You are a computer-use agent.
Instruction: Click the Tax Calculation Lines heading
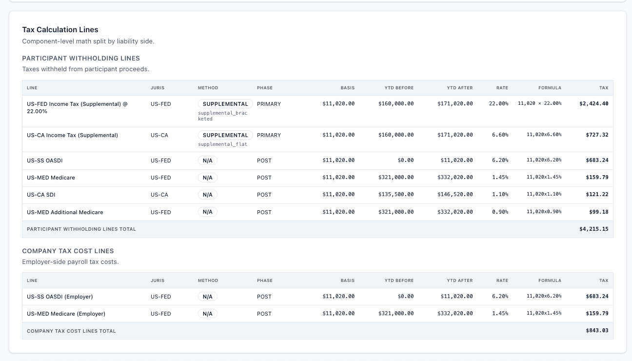coord(60,30)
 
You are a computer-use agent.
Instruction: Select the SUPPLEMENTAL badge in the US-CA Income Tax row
coord(225,135)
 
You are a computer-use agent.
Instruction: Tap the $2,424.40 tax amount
coord(593,104)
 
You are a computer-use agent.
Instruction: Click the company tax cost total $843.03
coord(597,331)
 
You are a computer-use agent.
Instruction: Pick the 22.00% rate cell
coord(498,104)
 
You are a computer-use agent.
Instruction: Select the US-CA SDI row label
coord(41,195)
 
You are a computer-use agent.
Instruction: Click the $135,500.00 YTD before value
coord(395,195)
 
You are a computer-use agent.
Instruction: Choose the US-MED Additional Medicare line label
coord(65,212)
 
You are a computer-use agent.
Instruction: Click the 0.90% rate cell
coord(500,212)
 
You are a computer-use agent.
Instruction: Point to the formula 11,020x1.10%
coord(544,195)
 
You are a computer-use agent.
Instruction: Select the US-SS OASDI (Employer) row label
coord(59,297)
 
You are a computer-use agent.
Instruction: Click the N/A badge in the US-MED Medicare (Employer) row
coord(207,314)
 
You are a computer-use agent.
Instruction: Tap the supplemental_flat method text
coord(222,144)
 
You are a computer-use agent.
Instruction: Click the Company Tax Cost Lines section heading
coord(68,251)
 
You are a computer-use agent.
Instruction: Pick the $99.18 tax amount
coord(598,212)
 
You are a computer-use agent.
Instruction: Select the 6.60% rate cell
coord(500,135)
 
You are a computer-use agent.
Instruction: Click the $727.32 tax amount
coord(597,135)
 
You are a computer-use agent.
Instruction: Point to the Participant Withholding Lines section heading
coord(81,58)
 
